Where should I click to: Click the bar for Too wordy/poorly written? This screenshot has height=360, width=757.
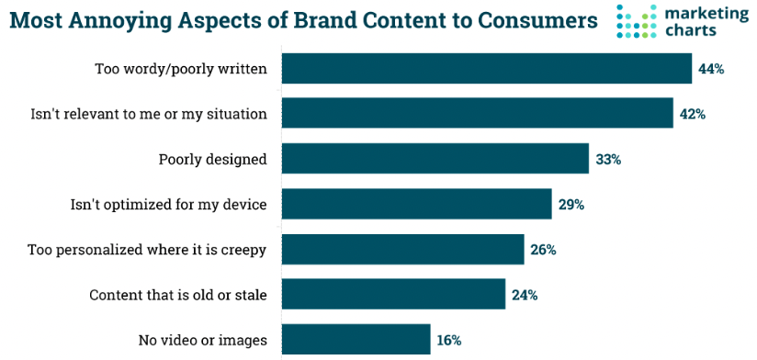[x=486, y=69]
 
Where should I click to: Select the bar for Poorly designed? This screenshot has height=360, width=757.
[x=435, y=159]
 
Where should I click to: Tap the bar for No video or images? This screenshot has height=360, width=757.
[x=356, y=339]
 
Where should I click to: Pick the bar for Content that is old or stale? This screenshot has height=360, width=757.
[x=393, y=294]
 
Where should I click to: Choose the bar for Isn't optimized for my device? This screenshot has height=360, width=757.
[x=416, y=204]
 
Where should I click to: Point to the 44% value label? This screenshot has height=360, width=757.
[x=711, y=69]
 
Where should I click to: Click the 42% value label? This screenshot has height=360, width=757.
[x=692, y=114]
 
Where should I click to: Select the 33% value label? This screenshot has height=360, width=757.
[x=608, y=159]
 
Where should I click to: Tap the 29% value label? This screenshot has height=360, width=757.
[x=571, y=204]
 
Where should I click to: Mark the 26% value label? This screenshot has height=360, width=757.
[x=543, y=249]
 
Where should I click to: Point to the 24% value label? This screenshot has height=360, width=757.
[x=525, y=295]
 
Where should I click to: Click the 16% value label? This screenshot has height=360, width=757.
[x=449, y=340]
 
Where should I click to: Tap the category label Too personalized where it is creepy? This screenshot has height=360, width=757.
[x=147, y=249]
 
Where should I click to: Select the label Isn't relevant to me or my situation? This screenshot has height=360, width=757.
[x=149, y=114]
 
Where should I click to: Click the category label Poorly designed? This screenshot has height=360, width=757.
[x=212, y=159]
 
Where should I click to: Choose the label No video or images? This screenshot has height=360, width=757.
[x=202, y=340]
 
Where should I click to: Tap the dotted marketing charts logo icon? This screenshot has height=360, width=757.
[x=636, y=22]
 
